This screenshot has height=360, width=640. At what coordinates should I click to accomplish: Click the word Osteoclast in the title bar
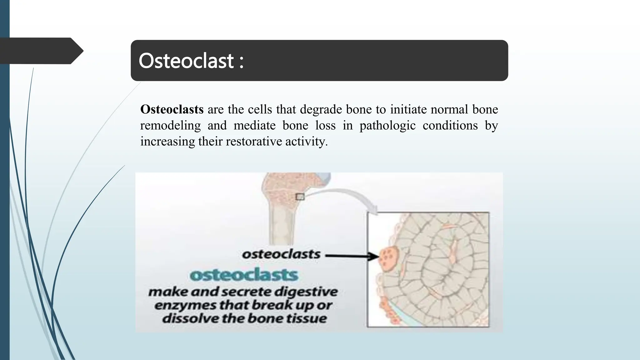[x=186, y=61]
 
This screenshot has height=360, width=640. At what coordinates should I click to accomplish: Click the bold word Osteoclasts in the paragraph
[x=172, y=109]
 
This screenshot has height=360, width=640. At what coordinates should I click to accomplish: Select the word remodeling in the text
[x=170, y=126]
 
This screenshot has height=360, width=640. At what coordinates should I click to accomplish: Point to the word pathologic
[x=387, y=126]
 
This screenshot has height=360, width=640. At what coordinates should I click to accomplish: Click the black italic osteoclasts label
[x=281, y=254]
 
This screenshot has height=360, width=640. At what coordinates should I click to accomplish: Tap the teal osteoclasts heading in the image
[x=244, y=275]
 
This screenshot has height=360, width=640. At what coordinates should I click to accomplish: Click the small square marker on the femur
[x=300, y=197]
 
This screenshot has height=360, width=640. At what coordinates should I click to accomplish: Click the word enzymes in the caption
[x=185, y=305]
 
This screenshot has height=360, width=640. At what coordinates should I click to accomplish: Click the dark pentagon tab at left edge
[x=41, y=51]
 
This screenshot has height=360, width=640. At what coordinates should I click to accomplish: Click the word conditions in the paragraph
[x=450, y=126]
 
